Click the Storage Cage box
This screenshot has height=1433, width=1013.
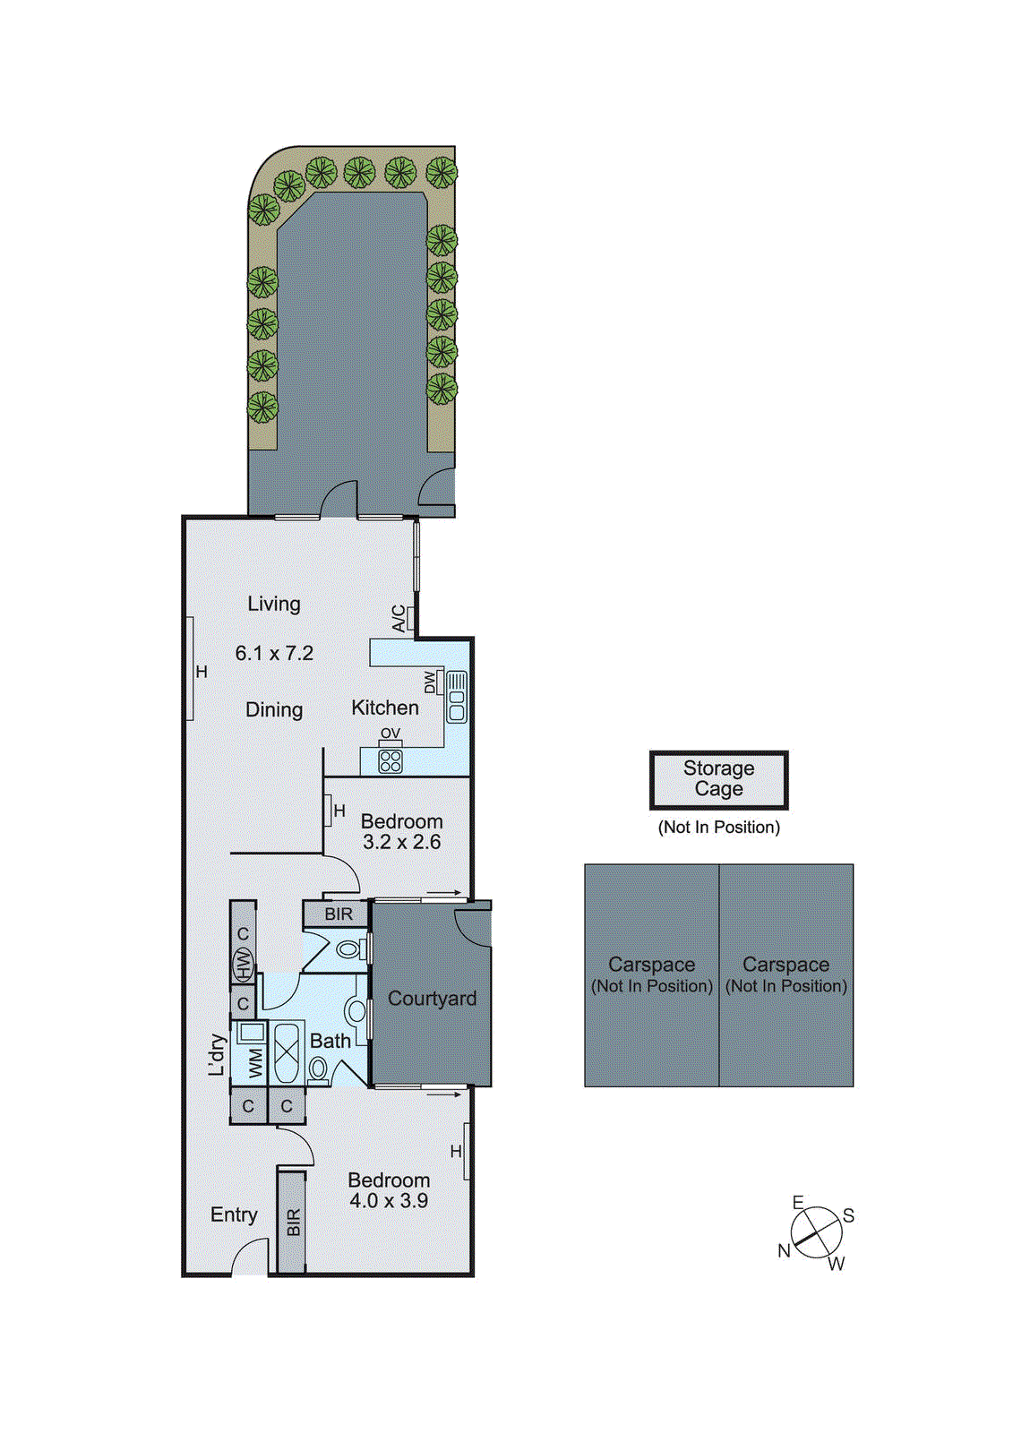pyautogui.click(x=718, y=780)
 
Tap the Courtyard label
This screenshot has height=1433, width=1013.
pyautogui.click(x=432, y=999)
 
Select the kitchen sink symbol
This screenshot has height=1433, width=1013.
pyautogui.click(x=457, y=697)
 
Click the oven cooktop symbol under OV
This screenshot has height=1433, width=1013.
pyautogui.click(x=391, y=761)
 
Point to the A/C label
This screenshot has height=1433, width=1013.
pyautogui.click(x=399, y=618)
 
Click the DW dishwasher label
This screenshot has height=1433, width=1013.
pyautogui.click(x=430, y=682)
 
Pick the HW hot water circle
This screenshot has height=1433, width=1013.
pyautogui.click(x=243, y=965)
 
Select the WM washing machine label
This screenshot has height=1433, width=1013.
pyautogui.click(x=256, y=1063)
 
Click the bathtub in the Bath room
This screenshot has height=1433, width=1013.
pyautogui.click(x=288, y=1054)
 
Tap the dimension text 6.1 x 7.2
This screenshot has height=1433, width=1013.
pyautogui.click(x=274, y=654)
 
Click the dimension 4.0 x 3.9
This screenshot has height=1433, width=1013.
pyautogui.click(x=389, y=1202)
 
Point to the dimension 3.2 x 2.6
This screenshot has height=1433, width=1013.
pyautogui.click(x=401, y=843)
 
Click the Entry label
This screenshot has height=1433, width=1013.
pyautogui.click(x=234, y=1215)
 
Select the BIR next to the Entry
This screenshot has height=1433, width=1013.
pyautogui.click(x=293, y=1223)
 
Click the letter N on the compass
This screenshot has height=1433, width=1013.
pyautogui.click(x=784, y=1251)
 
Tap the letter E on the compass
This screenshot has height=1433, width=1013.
pyautogui.click(x=798, y=1203)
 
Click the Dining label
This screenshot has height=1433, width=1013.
pyautogui.click(x=274, y=710)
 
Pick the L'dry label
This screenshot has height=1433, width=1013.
pyautogui.click(x=216, y=1054)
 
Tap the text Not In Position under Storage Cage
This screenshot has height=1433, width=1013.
pyautogui.click(x=718, y=828)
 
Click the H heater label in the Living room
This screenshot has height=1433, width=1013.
pyautogui.click(x=202, y=672)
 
